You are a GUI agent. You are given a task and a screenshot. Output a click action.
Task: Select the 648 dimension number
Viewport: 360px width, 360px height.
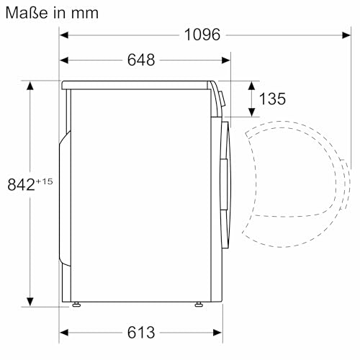click(x=140, y=60)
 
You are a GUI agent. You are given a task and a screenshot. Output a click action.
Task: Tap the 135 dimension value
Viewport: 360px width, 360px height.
click(x=272, y=99)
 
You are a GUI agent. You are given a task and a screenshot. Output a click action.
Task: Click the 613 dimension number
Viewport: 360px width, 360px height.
click(x=140, y=333)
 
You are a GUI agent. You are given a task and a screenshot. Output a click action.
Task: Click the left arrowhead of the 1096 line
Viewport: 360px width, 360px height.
click(x=63, y=34)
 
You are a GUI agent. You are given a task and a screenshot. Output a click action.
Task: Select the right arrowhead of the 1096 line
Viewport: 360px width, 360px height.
click(x=339, y=34)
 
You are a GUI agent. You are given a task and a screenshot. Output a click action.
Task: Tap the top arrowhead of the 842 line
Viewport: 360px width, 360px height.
click(x=30, y=86)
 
